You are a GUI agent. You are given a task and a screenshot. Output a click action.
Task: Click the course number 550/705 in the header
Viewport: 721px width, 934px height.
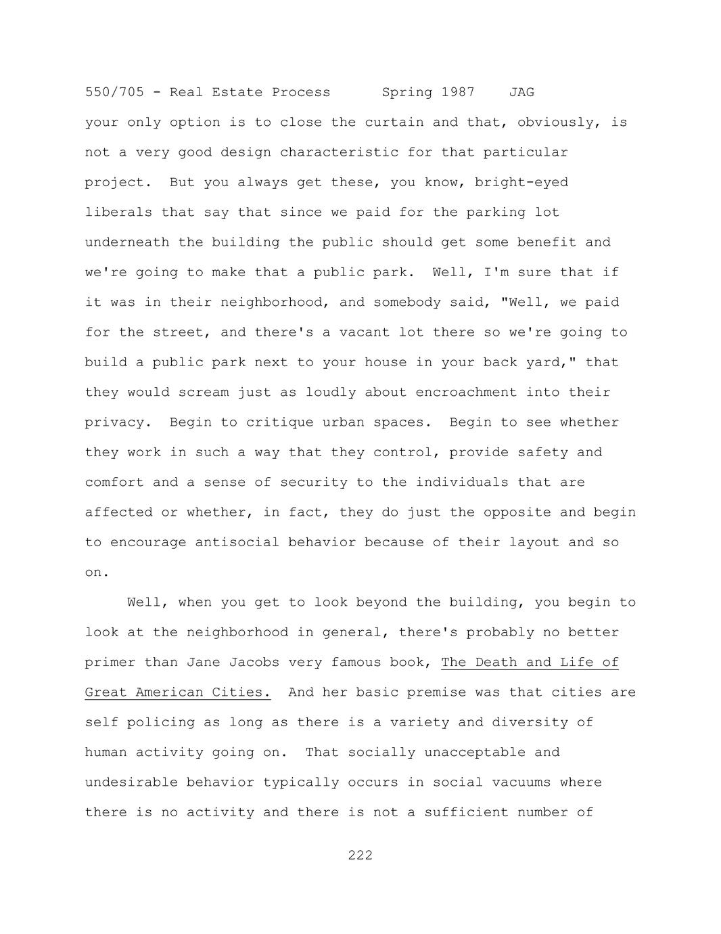pyautogui.click(x=114, y=92)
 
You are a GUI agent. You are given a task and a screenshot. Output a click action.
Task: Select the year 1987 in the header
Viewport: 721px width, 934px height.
pyautogui.click(x=458, y=92)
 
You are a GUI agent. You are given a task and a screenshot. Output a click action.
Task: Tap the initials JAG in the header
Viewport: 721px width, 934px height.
pyautogui.click(x=521, y=92)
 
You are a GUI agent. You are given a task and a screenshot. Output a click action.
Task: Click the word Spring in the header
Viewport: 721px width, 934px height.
pyautogui.click(x=407, y=92)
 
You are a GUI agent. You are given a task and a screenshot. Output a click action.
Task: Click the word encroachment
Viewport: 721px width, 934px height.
pyautogui.click(x=466, y=393)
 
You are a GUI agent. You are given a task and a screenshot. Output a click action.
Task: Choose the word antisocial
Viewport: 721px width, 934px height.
pyautogui.click(x=237, y=542)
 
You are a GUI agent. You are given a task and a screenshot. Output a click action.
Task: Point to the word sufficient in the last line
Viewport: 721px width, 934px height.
pyautogui.click(x=466, y=812)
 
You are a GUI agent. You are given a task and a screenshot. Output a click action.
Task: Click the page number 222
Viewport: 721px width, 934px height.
pyautogui.click(x=360, y=855)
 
